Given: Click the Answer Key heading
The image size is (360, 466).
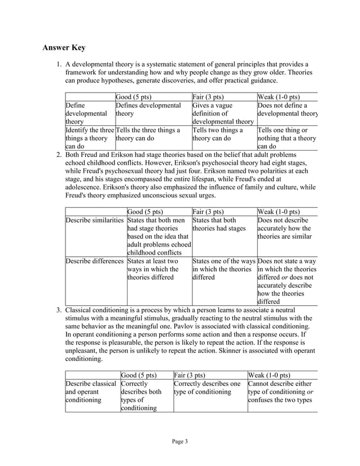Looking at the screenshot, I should pos(64,47).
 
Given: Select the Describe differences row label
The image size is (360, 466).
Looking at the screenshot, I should pos(94,261).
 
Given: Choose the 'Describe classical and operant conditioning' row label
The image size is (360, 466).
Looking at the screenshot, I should pos(90,393).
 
